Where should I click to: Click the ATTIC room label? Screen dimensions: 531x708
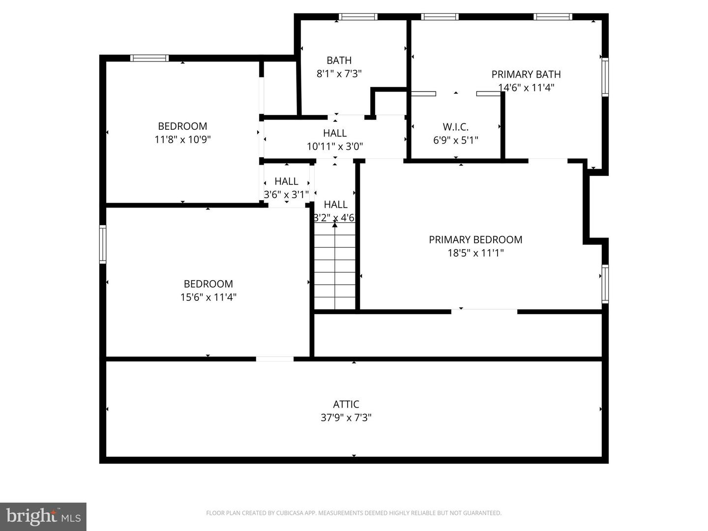coord(346,404)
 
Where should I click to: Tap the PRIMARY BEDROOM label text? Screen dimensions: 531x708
coord(475,239)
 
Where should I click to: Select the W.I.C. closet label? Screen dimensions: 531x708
coord(455,127)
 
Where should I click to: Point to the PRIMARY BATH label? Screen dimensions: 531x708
coord(526,74)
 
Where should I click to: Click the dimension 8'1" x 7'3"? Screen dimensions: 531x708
coord(339,74)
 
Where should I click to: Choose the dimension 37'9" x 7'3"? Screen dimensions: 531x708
coord(346,417)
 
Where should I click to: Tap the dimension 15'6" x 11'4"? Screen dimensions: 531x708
coord(208,297)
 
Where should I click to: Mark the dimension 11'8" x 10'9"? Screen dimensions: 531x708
coord(182,139)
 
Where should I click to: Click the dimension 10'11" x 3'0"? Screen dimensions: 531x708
coord(335,146)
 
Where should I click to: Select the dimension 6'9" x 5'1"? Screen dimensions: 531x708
coord(455,140)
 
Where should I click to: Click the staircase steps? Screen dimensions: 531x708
coord(335,268)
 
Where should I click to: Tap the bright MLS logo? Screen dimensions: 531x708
coord(43,516)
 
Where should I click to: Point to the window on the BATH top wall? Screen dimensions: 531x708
coord(358,17)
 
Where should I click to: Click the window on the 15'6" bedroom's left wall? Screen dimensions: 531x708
coord(103,244)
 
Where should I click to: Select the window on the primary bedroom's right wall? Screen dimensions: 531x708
coord(605,284)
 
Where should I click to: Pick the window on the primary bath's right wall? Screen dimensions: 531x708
coord(605,77)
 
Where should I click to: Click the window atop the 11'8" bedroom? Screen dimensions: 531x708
coord(149,58)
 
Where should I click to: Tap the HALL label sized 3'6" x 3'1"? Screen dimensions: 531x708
coord(286,181)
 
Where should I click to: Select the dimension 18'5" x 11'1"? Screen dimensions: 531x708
coord(475,253)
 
